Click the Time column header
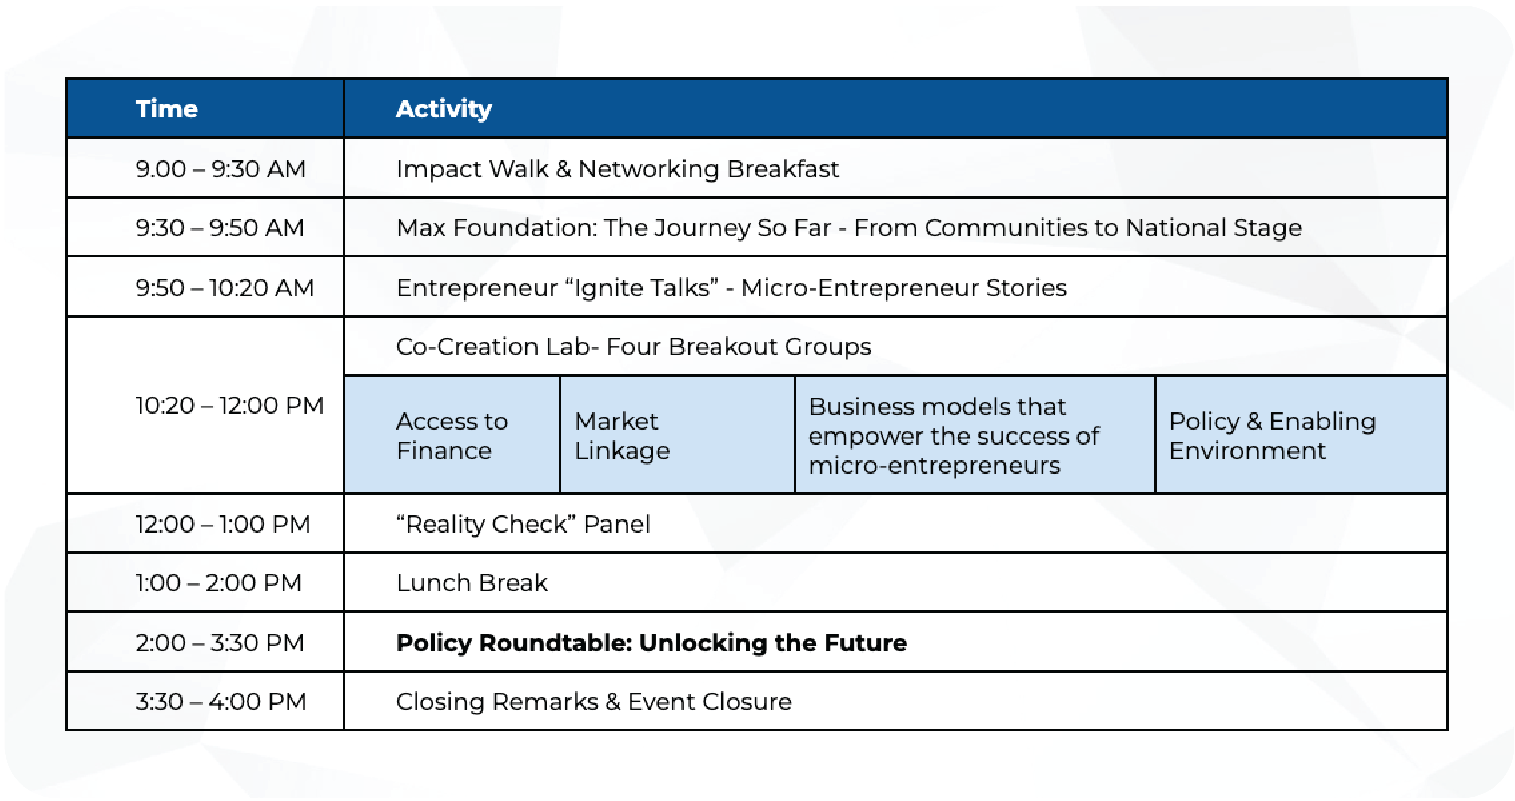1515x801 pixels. tap(205, 109)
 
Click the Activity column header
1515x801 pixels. tap(895, 109)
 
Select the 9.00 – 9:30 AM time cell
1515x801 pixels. tap(205, 168)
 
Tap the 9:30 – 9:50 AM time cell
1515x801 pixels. tap(205, 227)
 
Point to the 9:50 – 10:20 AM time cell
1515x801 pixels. tap(205, 287)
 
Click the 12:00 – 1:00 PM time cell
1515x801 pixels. tap(205, 524)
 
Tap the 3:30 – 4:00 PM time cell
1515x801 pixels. tap(205, 701)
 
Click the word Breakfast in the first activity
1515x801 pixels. tap(783, 169)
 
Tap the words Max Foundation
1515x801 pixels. tap(496, 227)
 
